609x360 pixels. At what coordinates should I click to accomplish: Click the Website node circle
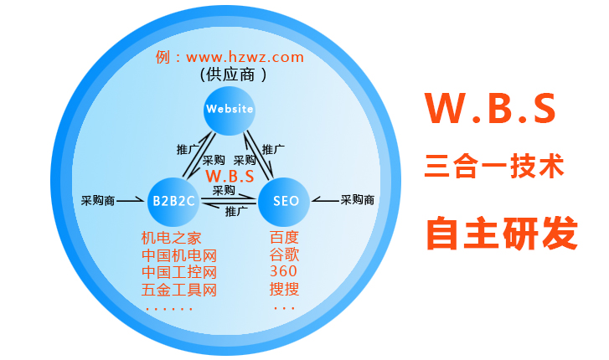229,109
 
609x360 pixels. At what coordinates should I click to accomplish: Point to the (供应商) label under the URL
234,75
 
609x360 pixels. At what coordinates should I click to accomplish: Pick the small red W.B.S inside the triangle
230,176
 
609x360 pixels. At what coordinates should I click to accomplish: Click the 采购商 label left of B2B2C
97,201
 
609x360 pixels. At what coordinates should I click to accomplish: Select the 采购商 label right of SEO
358,201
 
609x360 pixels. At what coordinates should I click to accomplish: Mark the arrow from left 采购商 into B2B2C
131,201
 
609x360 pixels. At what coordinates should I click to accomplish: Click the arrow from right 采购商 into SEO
325,201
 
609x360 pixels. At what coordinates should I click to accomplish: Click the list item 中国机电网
178,255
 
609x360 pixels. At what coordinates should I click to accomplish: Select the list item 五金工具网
178,291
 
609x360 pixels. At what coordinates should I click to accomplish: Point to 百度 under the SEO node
284,237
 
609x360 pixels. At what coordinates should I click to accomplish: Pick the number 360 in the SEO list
284,273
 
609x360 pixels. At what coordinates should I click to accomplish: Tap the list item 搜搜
284,291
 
